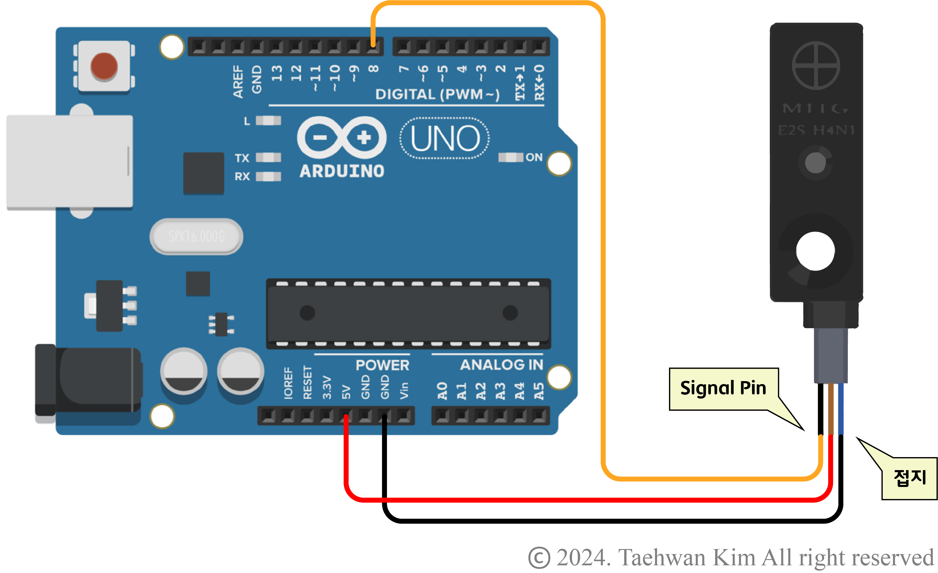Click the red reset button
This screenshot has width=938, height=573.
pyautogui.click(x=104, y=66)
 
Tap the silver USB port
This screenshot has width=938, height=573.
pyautogui.click(x=70, y=162)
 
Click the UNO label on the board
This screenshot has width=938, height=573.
pyautogui.click(x=445, y=138)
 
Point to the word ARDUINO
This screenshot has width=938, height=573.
pyautogui.click(x=341, y=171)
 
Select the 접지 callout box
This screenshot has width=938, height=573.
pyautogui.click(x=910, y=478)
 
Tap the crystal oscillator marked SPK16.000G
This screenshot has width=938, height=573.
pyautogui.click(x=196, y=237)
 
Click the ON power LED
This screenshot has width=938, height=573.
pyautogui.click(x=511, y=157)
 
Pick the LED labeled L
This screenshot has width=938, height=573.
pyautogui.click(x=268, y=121)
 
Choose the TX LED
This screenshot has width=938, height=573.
pyautogui.click(x=268, y=157)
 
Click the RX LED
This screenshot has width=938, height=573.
pyautogui.click(x=268, y=176)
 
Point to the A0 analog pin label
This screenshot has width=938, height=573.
pyautogui.click(x=442, y=391)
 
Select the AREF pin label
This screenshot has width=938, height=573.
pyautogui.click(x=238, y=82)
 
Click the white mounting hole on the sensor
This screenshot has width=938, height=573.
pyautogui.click(x=815, y=251)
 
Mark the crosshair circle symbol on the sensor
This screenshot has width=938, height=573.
pyautogui.click(x=816, y=65)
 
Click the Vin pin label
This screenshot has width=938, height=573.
pyautogui.click(x=404, y=391)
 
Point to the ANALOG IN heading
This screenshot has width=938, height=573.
pyautogui.click(x=501, y=365)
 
